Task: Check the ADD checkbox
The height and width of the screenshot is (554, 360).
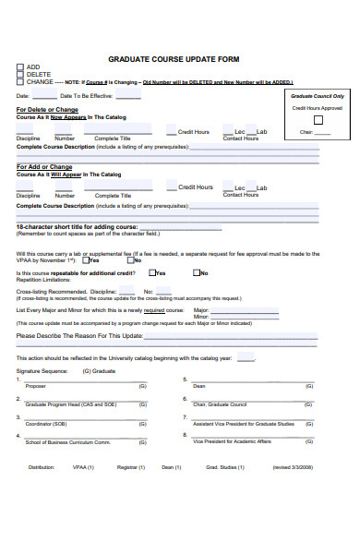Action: pyautogui.click(x=20, y=66)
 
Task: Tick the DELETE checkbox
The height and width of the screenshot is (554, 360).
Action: pyautogui.click(x=20, y=74)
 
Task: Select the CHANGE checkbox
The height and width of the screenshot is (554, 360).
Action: pyautogui.click(x=20, y=82)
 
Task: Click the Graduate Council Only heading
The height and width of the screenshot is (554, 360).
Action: pyautogui.click(x=318, y=96)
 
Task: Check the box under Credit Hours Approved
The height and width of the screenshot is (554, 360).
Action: pyautogui.click(x=318, y=119)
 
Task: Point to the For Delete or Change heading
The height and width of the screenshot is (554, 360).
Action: pyautogui.click(x=47, y=110)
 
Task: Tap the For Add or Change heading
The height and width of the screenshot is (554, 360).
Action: pyautogui.click(x=43, y=167)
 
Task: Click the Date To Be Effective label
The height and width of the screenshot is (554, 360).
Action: pyautogui.click(x=87, y=96)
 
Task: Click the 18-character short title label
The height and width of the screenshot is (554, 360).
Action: pyautogui.click(x=78, y=226)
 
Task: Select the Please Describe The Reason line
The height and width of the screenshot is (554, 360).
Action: pyautogui.click(x=80, y=336)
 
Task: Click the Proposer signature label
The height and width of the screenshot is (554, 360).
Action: pyautogui.click(x=35, y=385)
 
